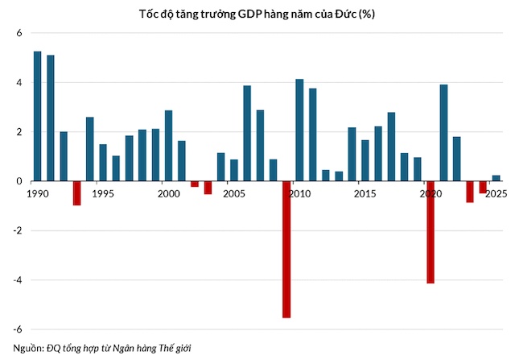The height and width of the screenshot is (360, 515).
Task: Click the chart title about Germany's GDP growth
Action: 257,14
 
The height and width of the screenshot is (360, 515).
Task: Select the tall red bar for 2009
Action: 286,250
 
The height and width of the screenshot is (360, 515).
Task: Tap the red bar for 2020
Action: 431,232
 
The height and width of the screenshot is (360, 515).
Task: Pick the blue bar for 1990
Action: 38,117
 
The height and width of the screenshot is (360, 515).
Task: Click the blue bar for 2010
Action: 299,130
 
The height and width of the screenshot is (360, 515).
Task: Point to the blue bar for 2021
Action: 443,133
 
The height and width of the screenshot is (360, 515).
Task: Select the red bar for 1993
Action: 77,193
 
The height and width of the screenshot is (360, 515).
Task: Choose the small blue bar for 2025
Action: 496,178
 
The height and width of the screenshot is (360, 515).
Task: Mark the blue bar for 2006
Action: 247,134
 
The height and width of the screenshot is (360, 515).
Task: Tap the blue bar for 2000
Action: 168,146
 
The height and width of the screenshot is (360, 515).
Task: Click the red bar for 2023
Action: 470,192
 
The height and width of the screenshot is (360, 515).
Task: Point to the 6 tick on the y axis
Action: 19,33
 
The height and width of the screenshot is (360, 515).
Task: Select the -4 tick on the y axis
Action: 18,280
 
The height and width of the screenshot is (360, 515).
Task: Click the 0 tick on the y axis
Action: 19,181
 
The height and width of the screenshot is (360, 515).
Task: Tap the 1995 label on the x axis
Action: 103,193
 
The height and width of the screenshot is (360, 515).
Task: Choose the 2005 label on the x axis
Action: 234,193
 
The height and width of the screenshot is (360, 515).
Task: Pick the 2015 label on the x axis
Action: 365,193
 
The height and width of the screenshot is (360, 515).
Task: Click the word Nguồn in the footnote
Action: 28,348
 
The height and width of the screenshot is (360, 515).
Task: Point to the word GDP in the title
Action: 250,14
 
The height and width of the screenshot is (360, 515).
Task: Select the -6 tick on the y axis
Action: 18,329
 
